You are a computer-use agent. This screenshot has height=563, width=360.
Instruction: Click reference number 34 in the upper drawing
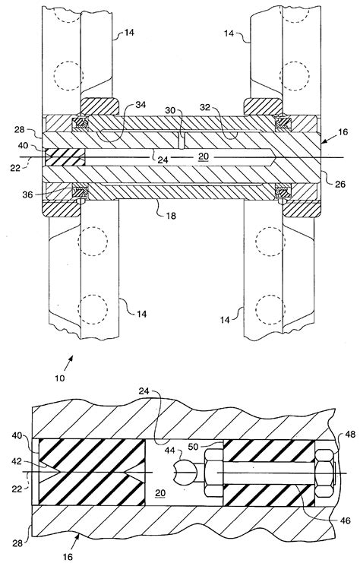pos(141,105)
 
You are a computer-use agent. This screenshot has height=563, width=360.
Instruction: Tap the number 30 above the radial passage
pos(170,110)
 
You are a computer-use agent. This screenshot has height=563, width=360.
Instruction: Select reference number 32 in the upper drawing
pos(205,107)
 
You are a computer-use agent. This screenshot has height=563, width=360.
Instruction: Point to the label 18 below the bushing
pos(172,216)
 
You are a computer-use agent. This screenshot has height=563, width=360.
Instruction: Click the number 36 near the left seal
pos(27,195)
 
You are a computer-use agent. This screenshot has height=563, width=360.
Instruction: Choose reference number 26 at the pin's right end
pos(340,184)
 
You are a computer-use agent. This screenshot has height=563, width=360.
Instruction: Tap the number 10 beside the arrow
pos(60,378)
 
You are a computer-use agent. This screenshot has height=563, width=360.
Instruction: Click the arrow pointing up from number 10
pos(69,362)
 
